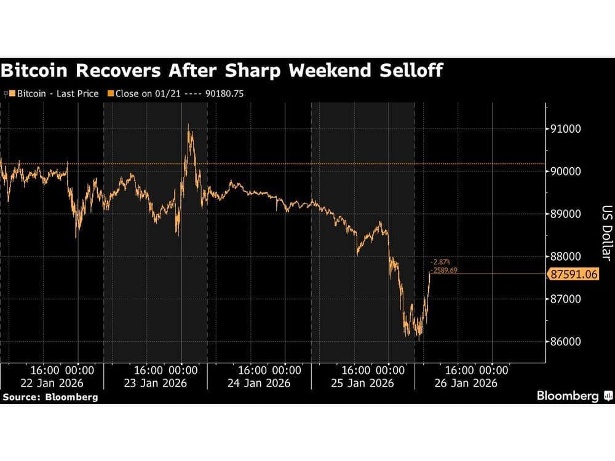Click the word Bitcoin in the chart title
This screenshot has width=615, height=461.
click(x=39, y=71)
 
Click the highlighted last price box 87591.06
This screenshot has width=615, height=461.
click(x=572, y=274)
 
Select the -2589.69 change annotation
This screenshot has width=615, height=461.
click(x=444, y=269)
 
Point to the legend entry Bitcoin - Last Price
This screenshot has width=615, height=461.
click(x=52, y=93)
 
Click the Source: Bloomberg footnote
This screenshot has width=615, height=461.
click(x=50, y=397)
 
